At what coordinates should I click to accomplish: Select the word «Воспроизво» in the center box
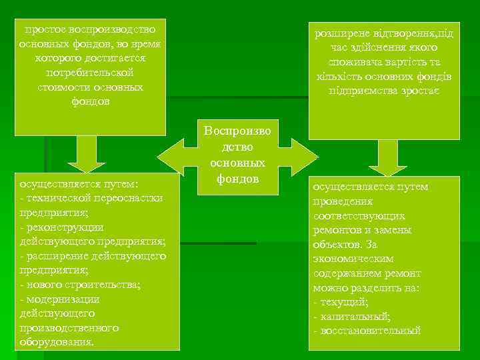(238, 131)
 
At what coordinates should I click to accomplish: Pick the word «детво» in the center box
(238, 147)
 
